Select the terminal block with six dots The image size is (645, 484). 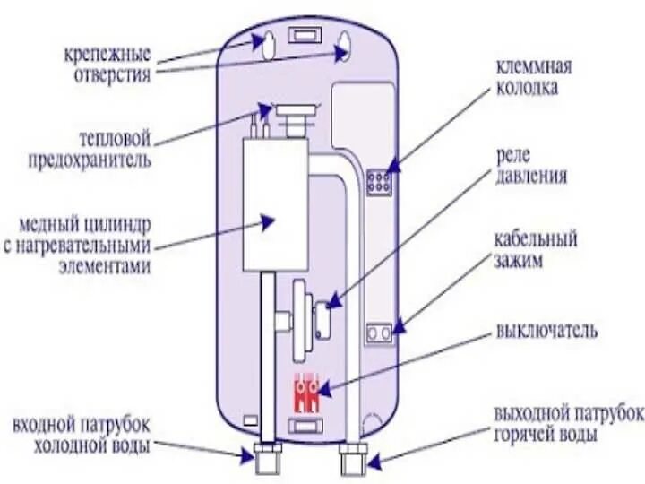point(379,183)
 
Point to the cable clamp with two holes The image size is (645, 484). point(380,333)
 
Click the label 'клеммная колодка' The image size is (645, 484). point(535,78)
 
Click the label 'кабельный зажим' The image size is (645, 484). point(534,251)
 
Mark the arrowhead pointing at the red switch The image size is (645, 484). point(325,389)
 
